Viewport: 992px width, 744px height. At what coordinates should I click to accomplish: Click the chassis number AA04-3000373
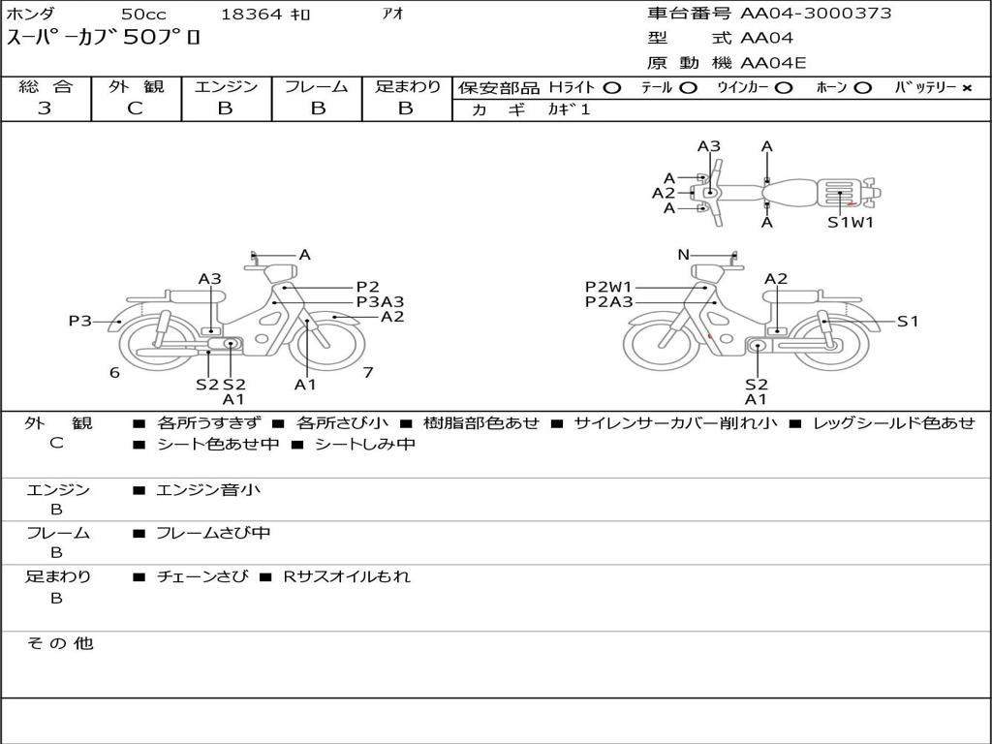pyautogui.click(x=816, y=14)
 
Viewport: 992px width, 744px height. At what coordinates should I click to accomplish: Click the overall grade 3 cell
pyautogui.click(x=45, y=108)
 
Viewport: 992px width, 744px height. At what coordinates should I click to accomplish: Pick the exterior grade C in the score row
pyautogui.click(x=136, y=108)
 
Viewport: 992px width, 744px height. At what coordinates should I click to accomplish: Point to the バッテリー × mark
pyautogui.click(x=966, y=88)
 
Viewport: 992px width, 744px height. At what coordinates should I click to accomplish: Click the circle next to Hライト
pyautogui.click(x=611, y=88)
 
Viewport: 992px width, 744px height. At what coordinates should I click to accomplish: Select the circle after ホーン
pyautogui.click(x=863, y=88)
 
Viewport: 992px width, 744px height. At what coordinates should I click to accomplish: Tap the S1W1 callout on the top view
pyautogui.click(x=851, y=223)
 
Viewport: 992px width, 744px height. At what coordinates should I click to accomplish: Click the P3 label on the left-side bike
pyautogui.click(x=80, y=321)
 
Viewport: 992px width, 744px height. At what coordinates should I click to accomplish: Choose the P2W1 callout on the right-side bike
pyautogui.click(x=608, y=287)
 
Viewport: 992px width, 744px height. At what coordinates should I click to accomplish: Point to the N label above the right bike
pyautogui.click(x=684, y=255)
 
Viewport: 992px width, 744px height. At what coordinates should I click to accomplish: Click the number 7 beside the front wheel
pyautogui.click(x=368, y=372)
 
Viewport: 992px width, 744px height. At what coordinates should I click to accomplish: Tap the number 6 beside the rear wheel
pyautogui.click(x=114, y=373)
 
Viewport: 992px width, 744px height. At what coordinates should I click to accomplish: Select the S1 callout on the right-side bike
pyautogui.click(x=908, y=322)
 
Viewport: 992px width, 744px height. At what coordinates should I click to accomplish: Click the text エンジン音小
pyautogui.click(x=208, y=490)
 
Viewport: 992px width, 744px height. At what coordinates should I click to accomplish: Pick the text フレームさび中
pyautogui.click(x=213, y=533)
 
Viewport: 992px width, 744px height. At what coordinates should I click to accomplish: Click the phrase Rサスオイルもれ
pyautogui.click(x=347, y=576)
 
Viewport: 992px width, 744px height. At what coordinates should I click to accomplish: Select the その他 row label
pyautogui.click(x=60, y=643)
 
